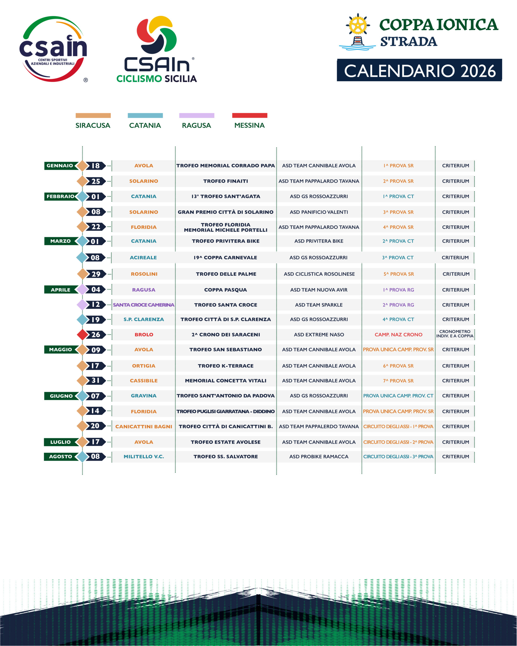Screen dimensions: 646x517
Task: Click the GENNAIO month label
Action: tap(60, 166)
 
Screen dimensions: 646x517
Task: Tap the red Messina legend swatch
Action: tap(250, 115)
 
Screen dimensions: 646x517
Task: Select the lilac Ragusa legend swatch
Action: tap(197, 115)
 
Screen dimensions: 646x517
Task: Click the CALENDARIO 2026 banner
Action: tap(419, 71)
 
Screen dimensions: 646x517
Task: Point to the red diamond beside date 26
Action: tap(82, 335)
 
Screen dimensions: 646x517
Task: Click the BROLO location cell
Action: tap(144, 335)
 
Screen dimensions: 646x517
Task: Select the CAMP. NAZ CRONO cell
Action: tap(398, 335)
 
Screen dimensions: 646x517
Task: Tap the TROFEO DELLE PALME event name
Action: tap(226, 274)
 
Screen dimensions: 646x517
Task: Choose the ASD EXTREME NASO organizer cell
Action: tap(319, 335)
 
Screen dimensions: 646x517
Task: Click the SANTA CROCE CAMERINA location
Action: tap(144, 305)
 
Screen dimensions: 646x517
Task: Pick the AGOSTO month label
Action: tap(60, 457)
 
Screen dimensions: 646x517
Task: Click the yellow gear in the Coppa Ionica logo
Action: tap(358, 25)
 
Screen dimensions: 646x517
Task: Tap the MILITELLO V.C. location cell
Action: tap(144, 457)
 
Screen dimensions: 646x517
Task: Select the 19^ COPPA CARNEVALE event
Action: tap(225, 258)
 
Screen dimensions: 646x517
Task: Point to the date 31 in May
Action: tap(96, 381)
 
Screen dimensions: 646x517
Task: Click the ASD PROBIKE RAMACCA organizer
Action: tap(319, 457)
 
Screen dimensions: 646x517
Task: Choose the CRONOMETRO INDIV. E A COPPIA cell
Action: tap(455, 334)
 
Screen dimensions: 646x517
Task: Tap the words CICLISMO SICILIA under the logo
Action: tap(157, 79)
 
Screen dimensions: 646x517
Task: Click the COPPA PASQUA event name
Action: tap(226, 290)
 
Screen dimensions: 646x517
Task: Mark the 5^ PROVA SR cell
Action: tap(399, 274)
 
